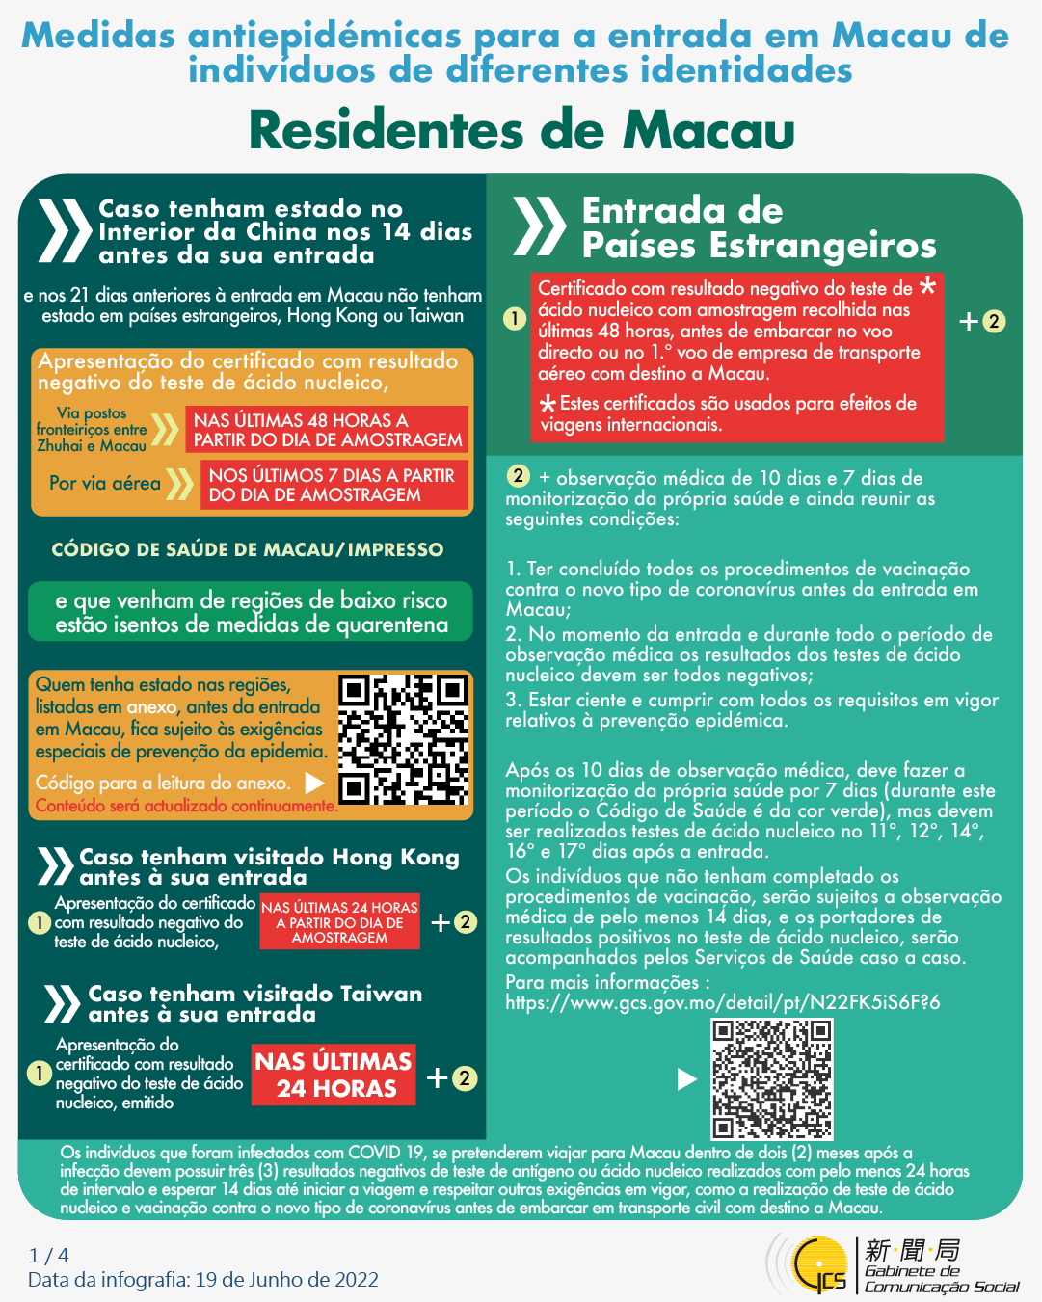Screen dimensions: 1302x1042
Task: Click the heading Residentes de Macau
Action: tap(521, 131)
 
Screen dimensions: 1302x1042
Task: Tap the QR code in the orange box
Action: tap(403, 740)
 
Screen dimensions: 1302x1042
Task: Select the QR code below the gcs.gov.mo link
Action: tap(771, 1078)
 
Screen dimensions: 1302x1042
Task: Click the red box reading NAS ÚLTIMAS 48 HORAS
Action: tap(328, 430)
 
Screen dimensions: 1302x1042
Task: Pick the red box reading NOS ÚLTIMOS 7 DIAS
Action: tap(333, 485)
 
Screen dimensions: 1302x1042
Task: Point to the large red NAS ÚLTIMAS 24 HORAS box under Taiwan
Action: tap(334, 1075)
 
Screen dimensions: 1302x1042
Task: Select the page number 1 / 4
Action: tap(49, 1255)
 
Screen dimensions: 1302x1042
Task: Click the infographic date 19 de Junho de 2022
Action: tap(286, 1280)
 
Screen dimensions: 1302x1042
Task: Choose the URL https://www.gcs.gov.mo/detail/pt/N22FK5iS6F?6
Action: tap(722, 1002)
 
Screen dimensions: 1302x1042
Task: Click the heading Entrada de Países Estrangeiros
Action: tap(759, 227)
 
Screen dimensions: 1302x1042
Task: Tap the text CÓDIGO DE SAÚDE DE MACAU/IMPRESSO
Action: tap(248, 549)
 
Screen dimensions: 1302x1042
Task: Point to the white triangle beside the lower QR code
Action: tap(686, 1078)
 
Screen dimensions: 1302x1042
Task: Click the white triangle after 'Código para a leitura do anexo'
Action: tap(314, 782)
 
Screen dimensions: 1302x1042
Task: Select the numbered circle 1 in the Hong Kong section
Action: tap(39, 922)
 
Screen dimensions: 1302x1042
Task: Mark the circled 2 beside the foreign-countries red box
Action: tap(994, 321)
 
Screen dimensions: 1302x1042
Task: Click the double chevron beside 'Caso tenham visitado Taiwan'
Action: tap(62, 1003)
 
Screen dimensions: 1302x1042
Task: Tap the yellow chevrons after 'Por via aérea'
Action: tap(179, 484)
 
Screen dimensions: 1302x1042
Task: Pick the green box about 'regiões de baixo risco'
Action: tap(251, 612)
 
